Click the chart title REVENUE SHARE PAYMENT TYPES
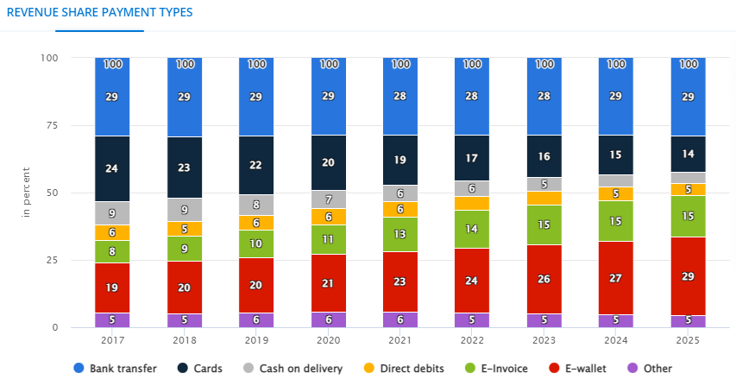click(x=100, y=13)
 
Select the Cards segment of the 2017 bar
click(x=112, y=168)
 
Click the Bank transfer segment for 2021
click(x=400, y=97)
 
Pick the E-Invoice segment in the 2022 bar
click(x=472, y=229)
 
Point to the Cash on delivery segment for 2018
click(x=185, y=209)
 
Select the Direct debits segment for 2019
click(x=256, y=222)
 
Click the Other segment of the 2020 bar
click(x=329, y=319)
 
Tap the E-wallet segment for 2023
click(x=544, y=279)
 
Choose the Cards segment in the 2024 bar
click(x=616, y=155)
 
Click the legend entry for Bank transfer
click(x=116, y=369)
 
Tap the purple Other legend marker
click(x=633, y=369)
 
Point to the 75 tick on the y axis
click(x=52, y=125)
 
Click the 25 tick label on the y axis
click(x=52, y=260)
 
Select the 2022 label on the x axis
click(x=472, y=340)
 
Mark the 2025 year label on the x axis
click(x=688, y=340)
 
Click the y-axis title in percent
click(x=27, y=192)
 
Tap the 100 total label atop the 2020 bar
click(x=329, y=65)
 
